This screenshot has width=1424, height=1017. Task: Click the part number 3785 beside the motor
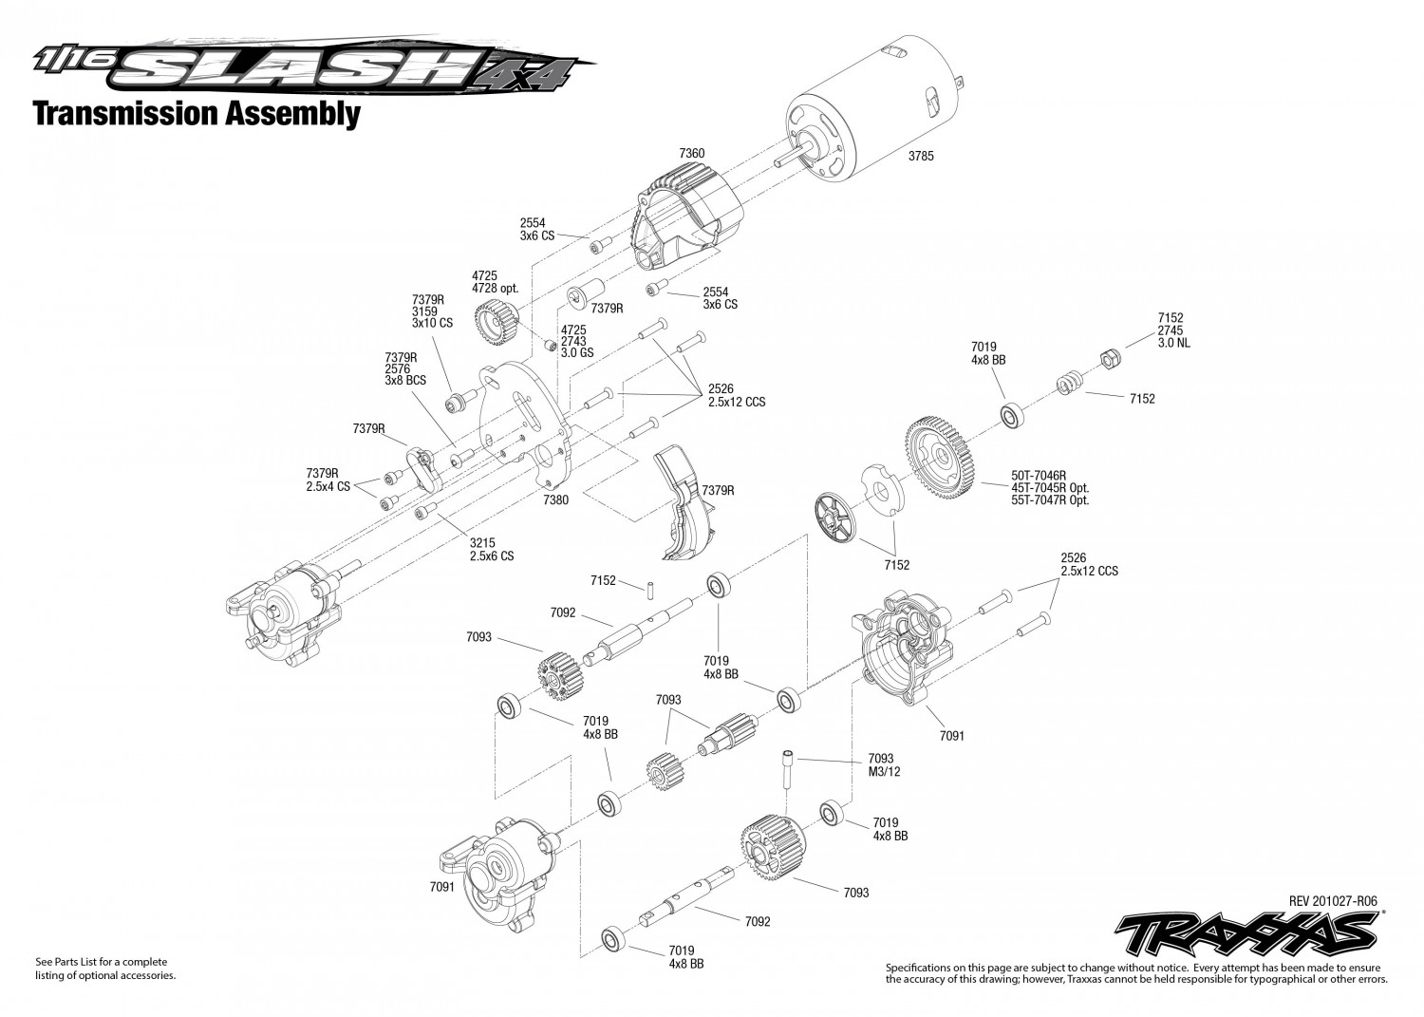coord(920,156)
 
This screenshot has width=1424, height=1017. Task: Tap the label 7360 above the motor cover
coord(692,153)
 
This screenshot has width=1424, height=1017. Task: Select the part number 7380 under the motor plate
coord(556,499)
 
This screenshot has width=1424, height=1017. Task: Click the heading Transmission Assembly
coord(197,114)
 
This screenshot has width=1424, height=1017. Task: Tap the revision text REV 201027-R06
coord(1333,901)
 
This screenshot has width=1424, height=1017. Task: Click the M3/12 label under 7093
coord(884,771)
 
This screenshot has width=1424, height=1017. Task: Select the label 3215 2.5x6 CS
coord(491,549)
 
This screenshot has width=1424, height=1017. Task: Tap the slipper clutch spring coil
coord(1069,386)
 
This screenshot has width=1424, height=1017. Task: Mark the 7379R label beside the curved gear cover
coord(718,490)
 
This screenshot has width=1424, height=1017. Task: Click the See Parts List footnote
coord(105,969)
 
